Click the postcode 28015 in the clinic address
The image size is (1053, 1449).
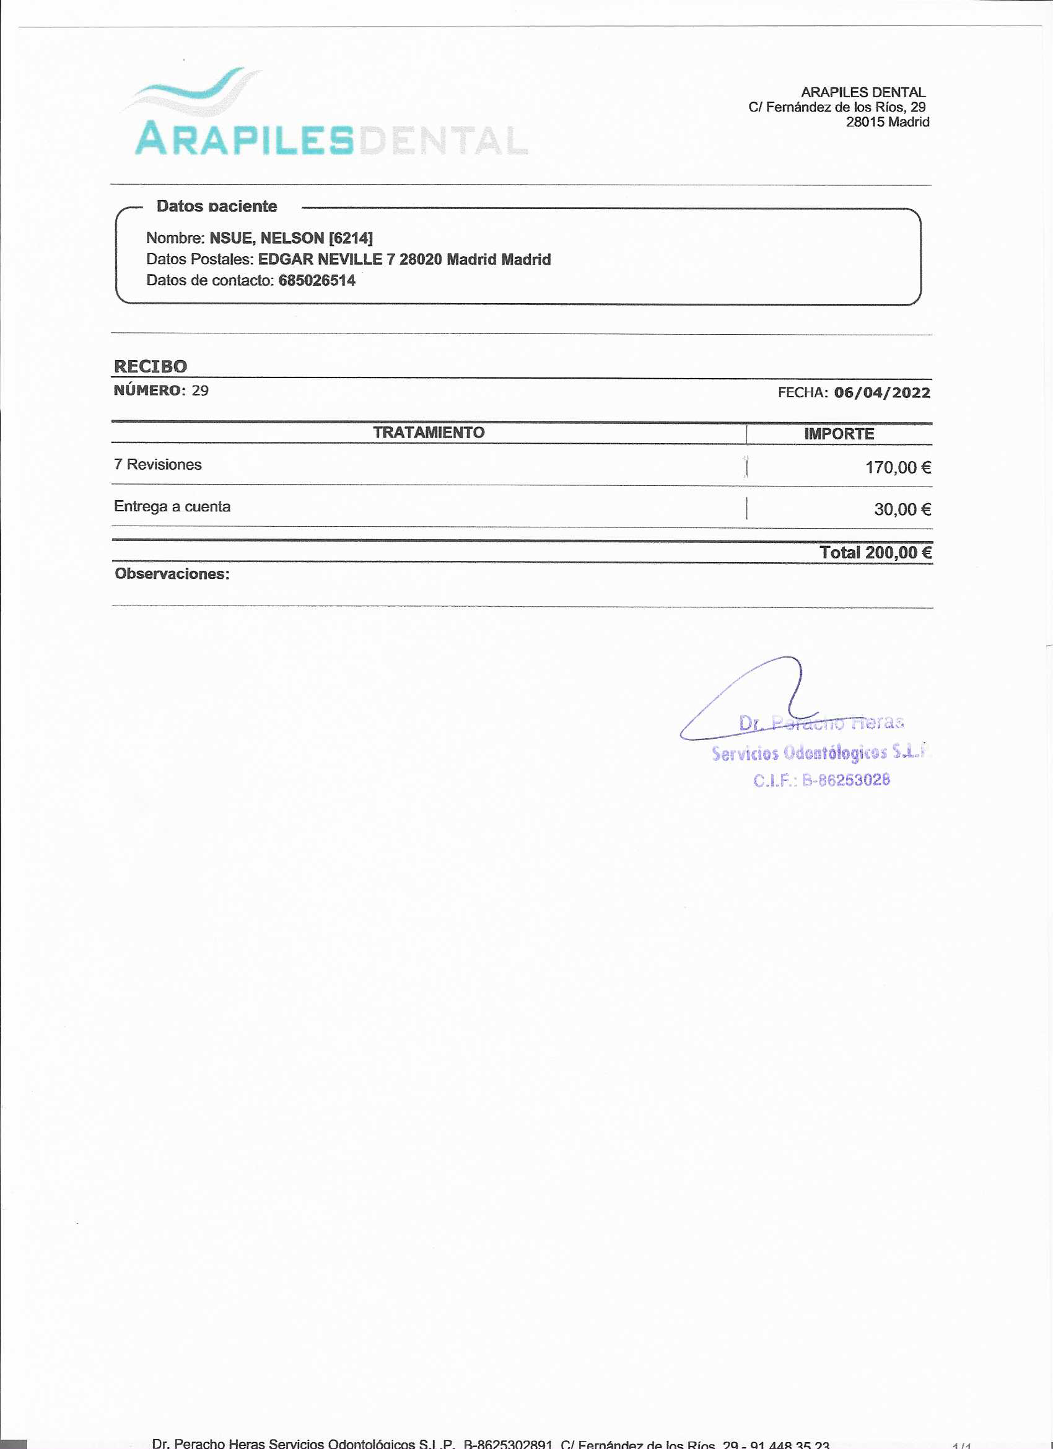pyautogui.click(x=865, y=122)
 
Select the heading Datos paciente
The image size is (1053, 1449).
pyautogui.click(x=216, y=206)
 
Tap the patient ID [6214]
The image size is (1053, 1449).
pyautogui.click(x=351, y=239)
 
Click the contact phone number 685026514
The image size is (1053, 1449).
pyautogui.click(x=317, y=281)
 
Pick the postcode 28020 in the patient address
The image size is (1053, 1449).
pyautogui.click(x=420, y=260)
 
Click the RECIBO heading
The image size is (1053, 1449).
pyautogui.click(x=151, y=366)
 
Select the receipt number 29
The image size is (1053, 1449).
pyautogui.click(x=200, y=390)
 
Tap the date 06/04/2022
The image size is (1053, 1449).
pyautogui.click(x=882, y=392)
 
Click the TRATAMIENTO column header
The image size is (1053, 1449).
pyautogui.click(x=429, y=433)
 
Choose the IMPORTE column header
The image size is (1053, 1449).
pyautogui.click(x=839, y=434)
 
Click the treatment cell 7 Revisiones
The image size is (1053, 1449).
pyautogui.click(x=158, y=464)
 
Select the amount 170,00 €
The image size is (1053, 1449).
pyautogui.click(x=898, y=468)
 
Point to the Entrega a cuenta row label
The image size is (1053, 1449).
pyautogui.click(x=172, y=506)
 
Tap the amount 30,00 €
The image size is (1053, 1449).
pyautogui.click(x=902, y=509)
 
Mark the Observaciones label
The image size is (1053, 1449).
pyautogui.click(x=172, y=574)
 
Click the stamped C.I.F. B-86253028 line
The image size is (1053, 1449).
pyautogui.click(x=821, y=780)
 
